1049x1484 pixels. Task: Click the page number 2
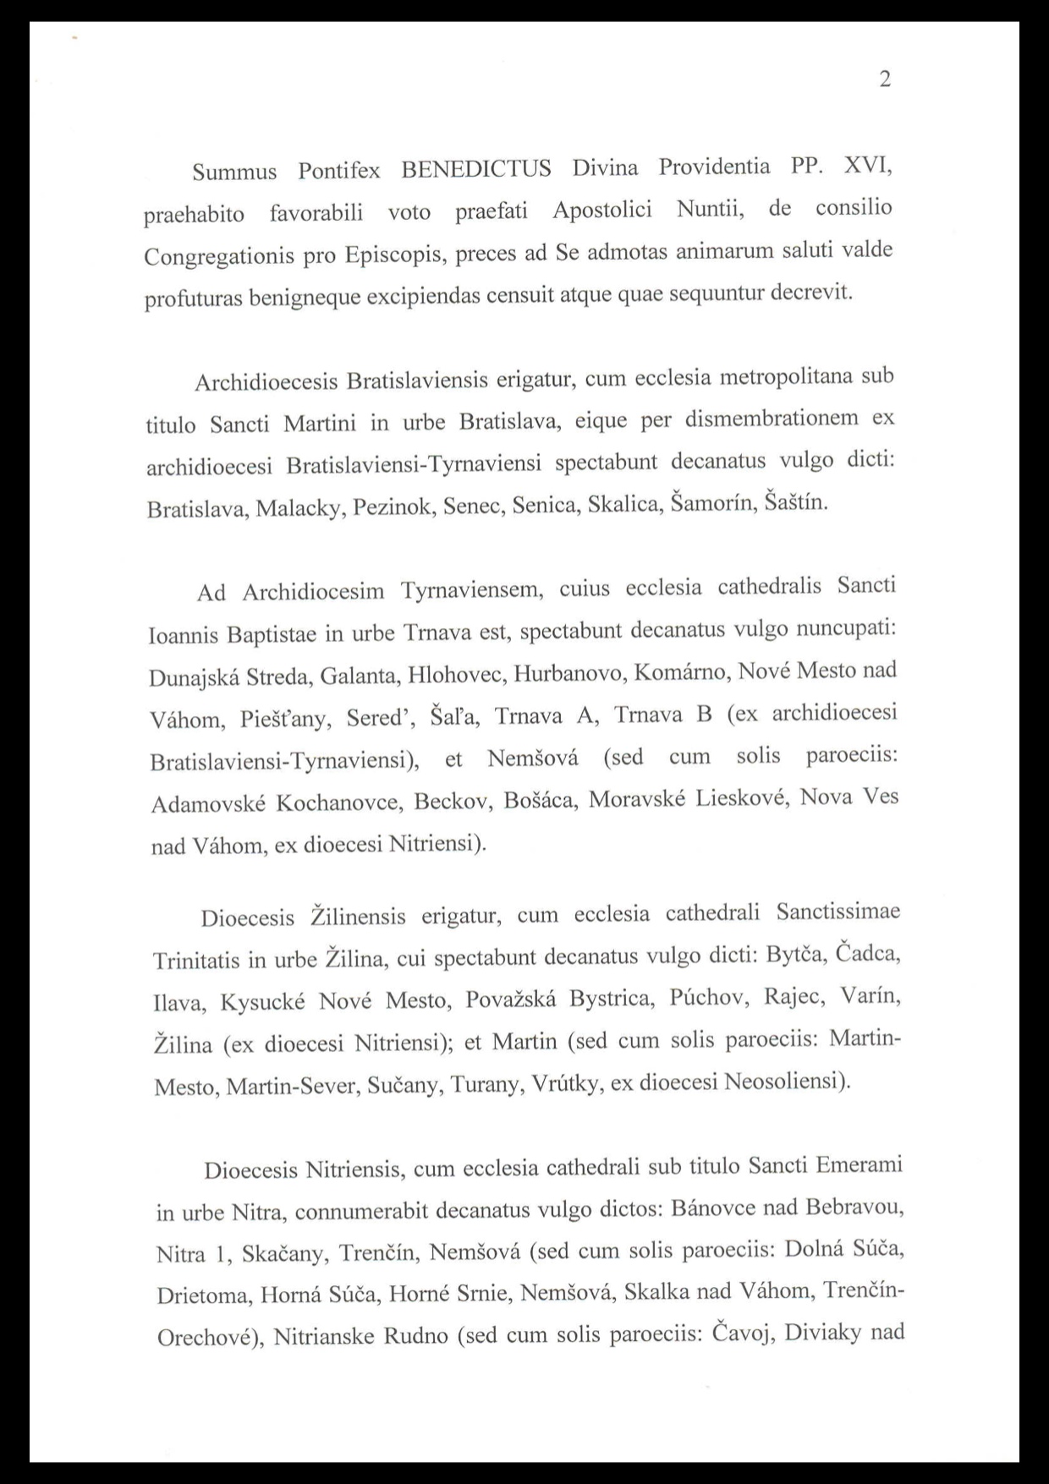tap(885, 79)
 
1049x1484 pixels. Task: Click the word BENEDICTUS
tap(476, 169)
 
